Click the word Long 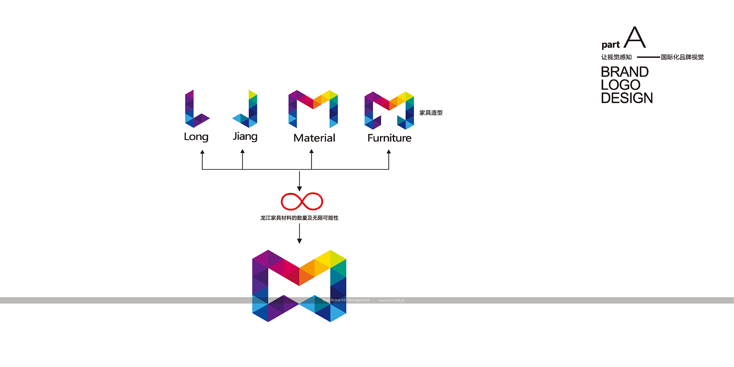[x=196, y=137]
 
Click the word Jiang [x=245, y=136]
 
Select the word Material [x=314, y=138]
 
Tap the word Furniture [x=389, y=138]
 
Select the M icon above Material [x=313, y=109]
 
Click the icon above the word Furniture [x=389, y=110]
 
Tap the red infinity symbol [x=302, y=201]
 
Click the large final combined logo [x=299, y=286]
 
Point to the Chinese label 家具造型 [x=431, y=113]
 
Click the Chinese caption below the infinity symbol [x=299, y=218]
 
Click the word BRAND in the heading [x=625, y=72]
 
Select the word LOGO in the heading [x=620, y=85]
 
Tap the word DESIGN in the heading [x=627, y=98]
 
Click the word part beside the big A [x=611, y=45]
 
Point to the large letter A [x=635, y=37]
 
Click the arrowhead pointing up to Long [x=202, y=152]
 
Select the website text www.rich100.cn [x=391, y=300]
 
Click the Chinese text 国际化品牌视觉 [x=682, y=57]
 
